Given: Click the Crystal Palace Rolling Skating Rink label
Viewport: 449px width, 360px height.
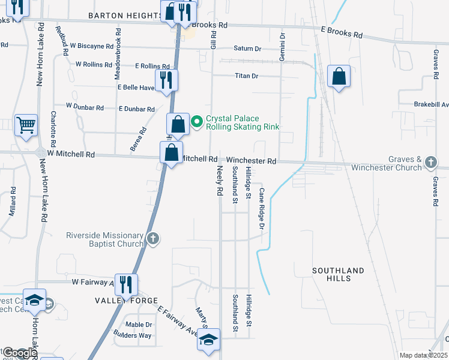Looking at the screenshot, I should pyautogui.click(x=243, y=122).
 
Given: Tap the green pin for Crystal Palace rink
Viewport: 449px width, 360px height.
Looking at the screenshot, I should pyautogui.click(x=196, y=122).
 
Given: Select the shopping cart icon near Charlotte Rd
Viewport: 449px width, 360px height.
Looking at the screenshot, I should pyautogui.click(x=26, y=125).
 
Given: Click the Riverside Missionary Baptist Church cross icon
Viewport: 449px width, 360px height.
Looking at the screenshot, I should pyautogui.click(x=153, y=239).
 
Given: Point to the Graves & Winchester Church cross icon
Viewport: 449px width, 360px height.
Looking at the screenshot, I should pyautogui.click(x=430, y=163).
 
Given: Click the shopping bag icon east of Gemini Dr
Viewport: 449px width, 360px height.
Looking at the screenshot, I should pyautogui.click(x=339, y=76).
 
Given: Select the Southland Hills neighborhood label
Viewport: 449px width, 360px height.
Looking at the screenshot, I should pyautogui.click(x=338, y=275).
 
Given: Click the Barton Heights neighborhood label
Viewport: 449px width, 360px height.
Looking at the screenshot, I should pyautogui.click(x=124, y=16).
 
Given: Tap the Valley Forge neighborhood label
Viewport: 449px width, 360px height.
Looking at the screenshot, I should pyautogui.click(x=126, y=300).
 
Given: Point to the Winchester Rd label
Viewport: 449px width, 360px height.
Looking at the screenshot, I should pyautogui.click(x=252, y=161).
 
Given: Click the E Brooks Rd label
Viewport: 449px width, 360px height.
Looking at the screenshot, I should pyautogui.click(x=342, y=32).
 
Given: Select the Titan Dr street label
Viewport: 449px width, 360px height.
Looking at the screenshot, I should pyautogui.click(x=246, y=76).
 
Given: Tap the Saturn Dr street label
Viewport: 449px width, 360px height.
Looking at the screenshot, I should pyautogui.click(x=248, y=49).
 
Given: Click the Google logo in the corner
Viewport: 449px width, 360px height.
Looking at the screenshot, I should pyautogui.click(x=19, y=353).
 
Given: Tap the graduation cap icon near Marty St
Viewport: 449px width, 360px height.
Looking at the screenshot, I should pyautogui.click(x=209, y=341).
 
